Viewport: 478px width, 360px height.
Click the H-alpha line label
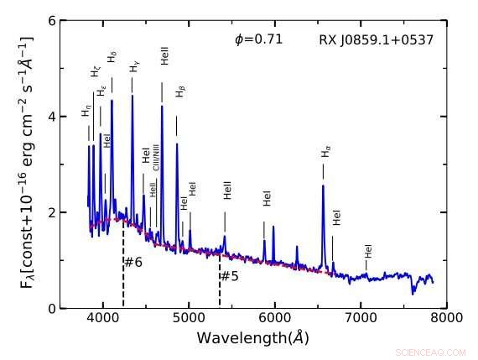coord(325,153)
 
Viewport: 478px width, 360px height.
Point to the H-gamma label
coord(134,66)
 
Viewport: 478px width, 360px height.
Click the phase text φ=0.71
coord(258,39)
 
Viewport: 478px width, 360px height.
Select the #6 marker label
coord(133,263)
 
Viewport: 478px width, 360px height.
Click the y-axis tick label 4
coord(50,116)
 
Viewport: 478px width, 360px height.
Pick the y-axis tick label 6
coord(50,19)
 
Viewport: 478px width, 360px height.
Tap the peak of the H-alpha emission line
coord(323,186)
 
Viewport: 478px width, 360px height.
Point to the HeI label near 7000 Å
coord(367,250)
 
